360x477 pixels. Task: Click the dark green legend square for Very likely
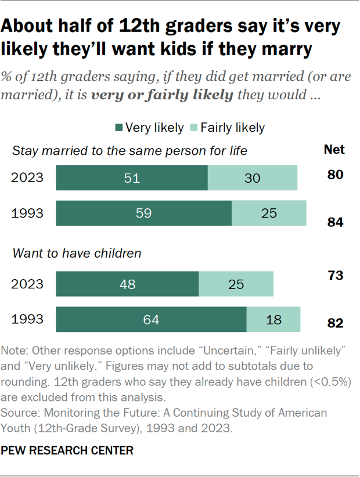118,127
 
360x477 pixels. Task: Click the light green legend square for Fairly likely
194,127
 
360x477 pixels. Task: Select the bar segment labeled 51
132,178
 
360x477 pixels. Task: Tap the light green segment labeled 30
253,178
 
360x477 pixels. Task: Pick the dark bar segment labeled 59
143,213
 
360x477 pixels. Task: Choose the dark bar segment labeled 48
127,284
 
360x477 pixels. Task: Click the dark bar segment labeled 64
151,320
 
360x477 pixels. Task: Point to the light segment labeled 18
273,320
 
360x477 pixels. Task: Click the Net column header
334,150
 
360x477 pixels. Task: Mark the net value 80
334,174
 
